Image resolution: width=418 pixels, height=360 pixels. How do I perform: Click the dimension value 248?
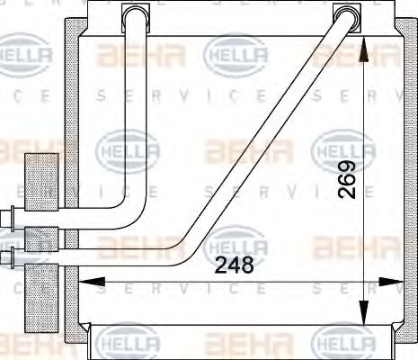click(x=234, y=265)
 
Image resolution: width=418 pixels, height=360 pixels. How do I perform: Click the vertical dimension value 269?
click(x=347, y=179)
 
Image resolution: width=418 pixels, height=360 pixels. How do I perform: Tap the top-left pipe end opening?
click(x=135, y=13)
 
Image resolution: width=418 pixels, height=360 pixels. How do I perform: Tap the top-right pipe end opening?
click(x=345, y=13)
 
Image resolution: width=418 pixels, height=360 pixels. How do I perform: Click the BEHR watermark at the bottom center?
click(x=237, y=343)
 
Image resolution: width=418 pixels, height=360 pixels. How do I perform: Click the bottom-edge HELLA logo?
click(x=126, y=343)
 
